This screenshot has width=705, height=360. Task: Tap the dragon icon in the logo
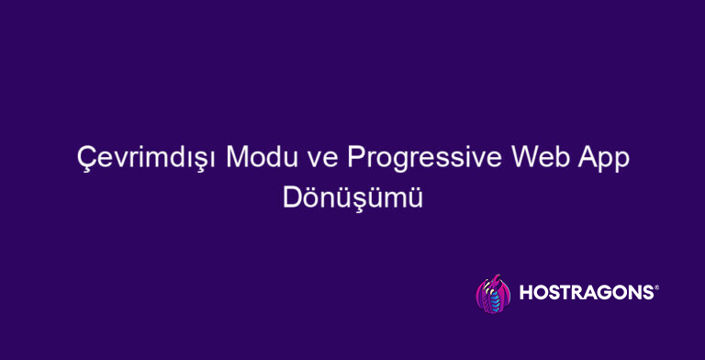click(493, 293)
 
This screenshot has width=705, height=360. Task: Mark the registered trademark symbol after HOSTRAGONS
click(655, 287)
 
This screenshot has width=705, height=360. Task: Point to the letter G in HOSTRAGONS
click(604, 293)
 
